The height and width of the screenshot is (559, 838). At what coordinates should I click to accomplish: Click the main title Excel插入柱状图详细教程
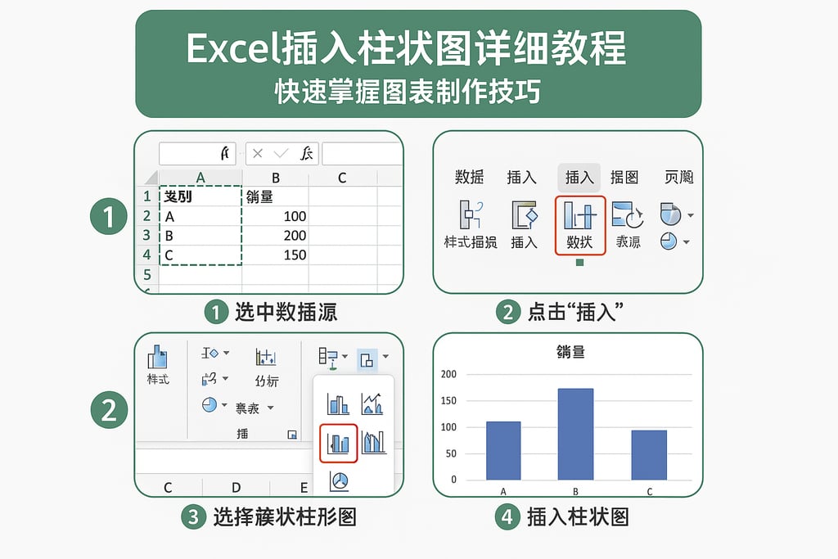tap(407, 49)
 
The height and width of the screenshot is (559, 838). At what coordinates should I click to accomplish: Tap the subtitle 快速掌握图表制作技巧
tap(407, 92)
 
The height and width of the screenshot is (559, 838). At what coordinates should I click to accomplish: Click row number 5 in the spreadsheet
tap(146, 275)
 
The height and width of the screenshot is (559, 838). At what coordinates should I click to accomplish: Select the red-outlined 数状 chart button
tap(580, 224)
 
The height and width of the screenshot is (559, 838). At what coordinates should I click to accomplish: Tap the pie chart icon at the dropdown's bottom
tap(339, 481)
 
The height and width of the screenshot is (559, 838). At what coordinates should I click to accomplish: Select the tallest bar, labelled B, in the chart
tap(575, 434)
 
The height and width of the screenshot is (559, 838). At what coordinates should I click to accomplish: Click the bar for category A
tap(503, 450)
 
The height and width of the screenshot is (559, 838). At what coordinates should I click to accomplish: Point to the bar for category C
tap(649, 454)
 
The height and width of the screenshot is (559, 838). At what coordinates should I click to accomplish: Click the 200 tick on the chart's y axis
tap(448, 375)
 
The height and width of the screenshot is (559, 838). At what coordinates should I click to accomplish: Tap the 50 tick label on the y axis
tap(450, 453)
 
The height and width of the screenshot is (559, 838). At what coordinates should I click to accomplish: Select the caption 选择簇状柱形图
tap(284, 517)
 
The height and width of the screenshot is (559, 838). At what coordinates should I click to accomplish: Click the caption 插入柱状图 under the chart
tap(578, 517)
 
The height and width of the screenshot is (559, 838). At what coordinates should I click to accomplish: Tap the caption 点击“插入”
tap(572, 312)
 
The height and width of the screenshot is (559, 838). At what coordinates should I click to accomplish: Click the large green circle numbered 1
tap(108, 218)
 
